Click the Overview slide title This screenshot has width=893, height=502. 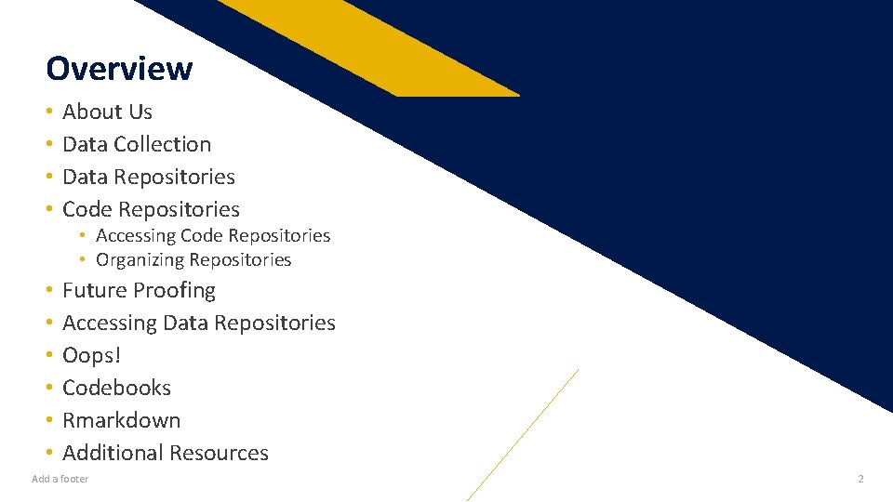click(x=119, y=69)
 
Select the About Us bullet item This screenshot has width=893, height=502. click(x=107, y=112)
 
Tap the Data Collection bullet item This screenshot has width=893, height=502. click(x=137, y=144)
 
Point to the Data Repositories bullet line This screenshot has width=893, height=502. click(x=149, y=177)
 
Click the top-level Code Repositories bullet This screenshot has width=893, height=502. click(x=151, y=209)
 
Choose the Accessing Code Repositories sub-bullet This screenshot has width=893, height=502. click(x=213, y=236)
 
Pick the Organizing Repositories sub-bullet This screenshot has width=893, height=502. click(x=193, y=260)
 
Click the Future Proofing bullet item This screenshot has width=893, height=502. click(x=139, y=290)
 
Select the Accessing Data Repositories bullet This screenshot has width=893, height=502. click(x=199, y=323)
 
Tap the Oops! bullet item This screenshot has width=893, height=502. click(x=92, y=355)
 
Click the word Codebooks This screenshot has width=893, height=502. click(x=117, y=388)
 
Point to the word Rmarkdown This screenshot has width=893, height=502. click(x=122, y=420)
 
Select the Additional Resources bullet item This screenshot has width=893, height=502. click(x=166, y=453)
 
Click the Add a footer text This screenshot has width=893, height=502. click(x=60, y=479)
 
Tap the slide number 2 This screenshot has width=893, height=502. click(x=860, y=479)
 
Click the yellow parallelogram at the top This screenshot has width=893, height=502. click(x=372, y=46)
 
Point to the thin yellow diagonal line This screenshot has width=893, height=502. click(x=521, y=436)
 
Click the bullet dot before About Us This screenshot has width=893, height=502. click(x=48, y=112)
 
